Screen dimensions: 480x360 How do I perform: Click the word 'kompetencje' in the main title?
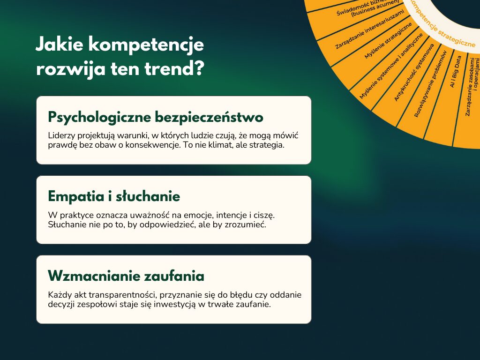coord(146,45)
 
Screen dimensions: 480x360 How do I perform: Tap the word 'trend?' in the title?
coord(174,68)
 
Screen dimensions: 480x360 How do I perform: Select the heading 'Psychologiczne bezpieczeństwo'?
coord(156,117)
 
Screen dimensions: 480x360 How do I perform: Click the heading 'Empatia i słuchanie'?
coord(114,196)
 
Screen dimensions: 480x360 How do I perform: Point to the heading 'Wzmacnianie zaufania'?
coord(126,276)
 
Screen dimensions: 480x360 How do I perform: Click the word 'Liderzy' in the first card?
coord(61,135)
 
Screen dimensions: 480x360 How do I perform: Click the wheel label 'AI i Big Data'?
coord(456,72)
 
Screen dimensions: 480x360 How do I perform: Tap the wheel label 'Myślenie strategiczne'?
coord(388,41)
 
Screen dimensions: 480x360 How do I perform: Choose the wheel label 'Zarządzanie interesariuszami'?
coord(369,29)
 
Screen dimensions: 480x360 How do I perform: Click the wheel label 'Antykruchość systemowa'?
coord(414,72)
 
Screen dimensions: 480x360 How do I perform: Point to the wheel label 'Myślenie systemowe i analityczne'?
coord(391,66)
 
